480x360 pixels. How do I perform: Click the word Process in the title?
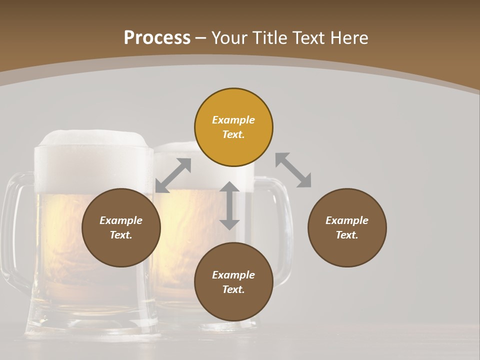pos(157,38)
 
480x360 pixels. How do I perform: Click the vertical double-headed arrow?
pos(229,205)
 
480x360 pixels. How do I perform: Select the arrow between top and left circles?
pos(173,175)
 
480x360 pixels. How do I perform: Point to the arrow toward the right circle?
pos(293,170)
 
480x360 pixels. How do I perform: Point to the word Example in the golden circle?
pos(233,120)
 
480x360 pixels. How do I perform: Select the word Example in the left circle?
pos(121,220)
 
